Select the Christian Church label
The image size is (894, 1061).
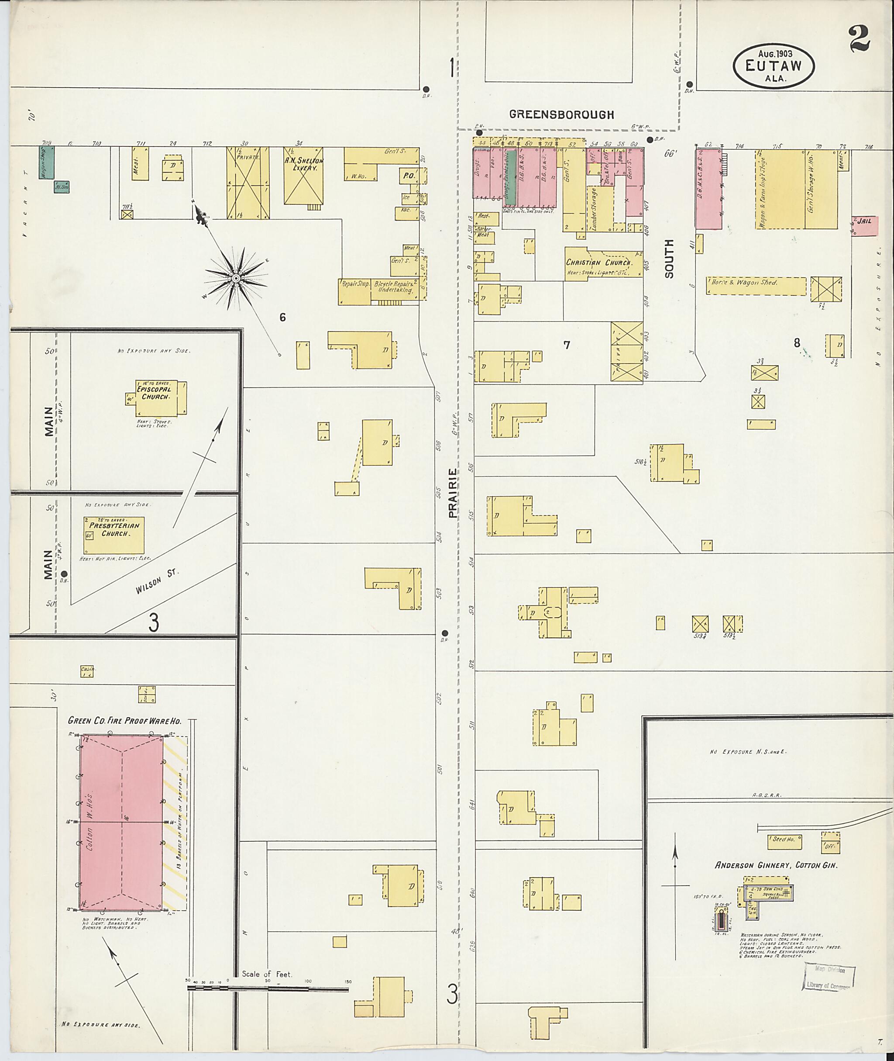pos(598,263)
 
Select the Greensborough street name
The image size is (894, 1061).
pos(561,114)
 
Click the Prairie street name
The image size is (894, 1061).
pos(453,492)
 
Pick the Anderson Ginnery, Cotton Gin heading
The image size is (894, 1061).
pos(775,865)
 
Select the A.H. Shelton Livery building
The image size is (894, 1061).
pos(303,176)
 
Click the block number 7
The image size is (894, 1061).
pos(567,346)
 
